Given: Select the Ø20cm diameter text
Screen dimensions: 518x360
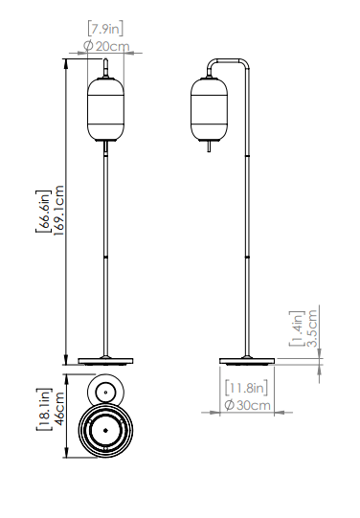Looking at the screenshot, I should (x=105, y=46).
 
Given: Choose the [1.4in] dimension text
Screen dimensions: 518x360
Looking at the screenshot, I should (x=298, y=328).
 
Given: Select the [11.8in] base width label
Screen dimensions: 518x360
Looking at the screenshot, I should (x=248, y=389).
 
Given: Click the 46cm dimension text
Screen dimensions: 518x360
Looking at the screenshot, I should (x=58, y=409).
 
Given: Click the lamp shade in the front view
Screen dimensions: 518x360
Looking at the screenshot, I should (x=105, y=108).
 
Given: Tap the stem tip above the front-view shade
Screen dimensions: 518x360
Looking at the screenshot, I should (x=105, y=68).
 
